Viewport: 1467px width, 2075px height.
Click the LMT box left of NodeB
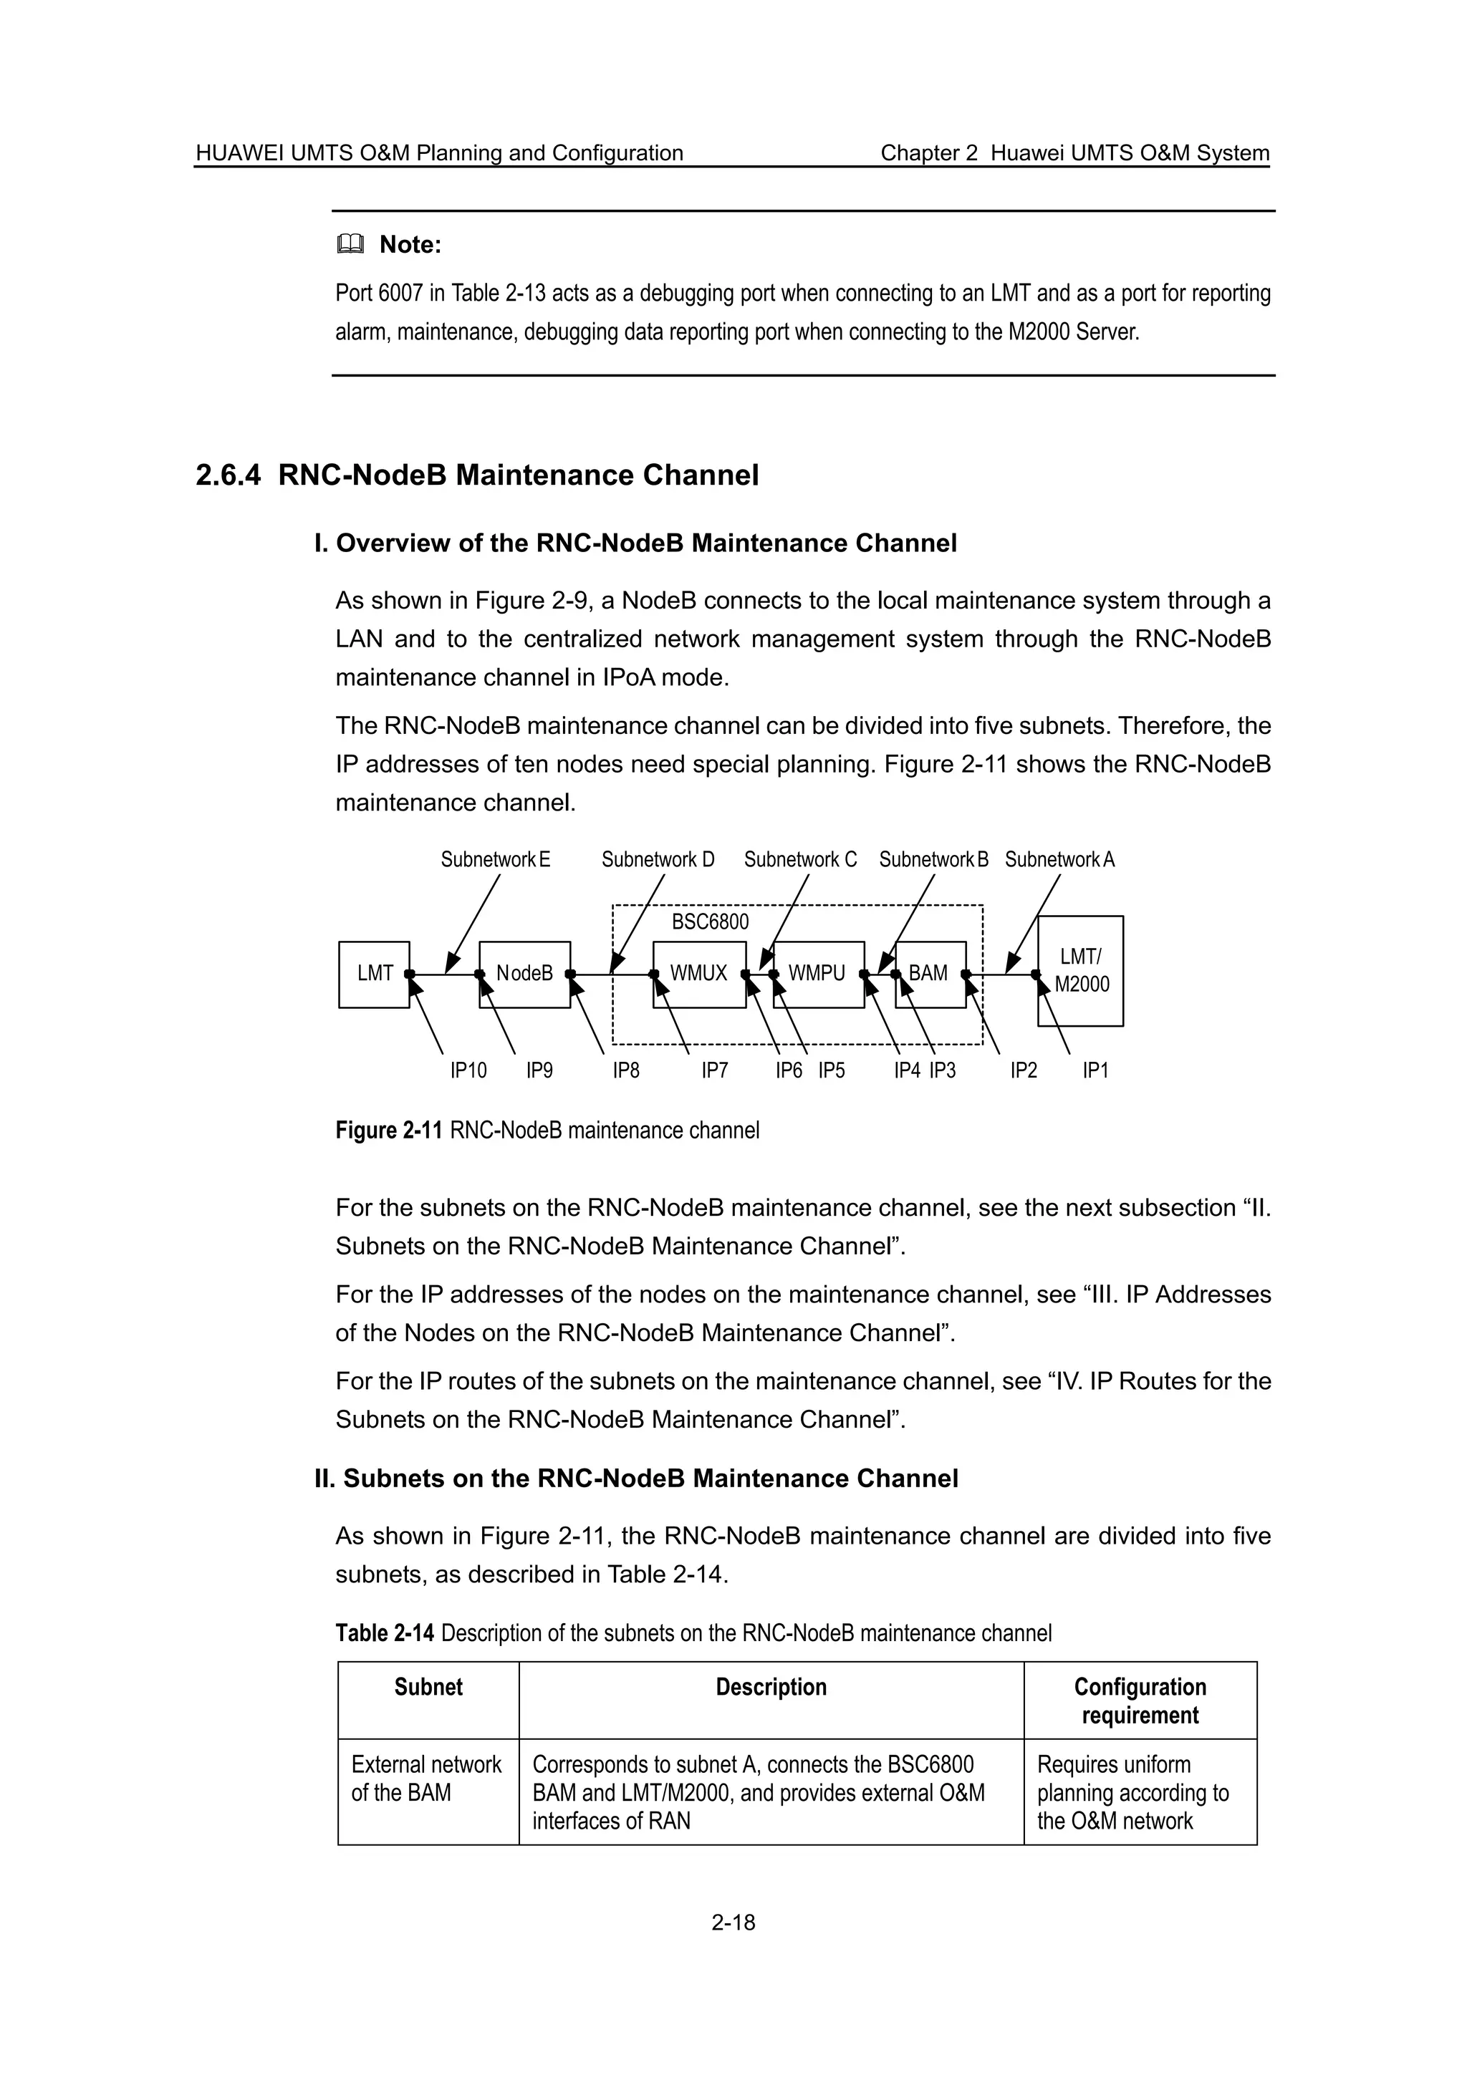(374, 974)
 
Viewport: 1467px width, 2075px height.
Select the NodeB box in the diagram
(524, 974)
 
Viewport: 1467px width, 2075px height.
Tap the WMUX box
(698, 974)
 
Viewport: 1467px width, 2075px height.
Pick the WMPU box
(817, 974)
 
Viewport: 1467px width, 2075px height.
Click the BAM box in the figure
(929, 974)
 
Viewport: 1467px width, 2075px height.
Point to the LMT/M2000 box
(1080, 971)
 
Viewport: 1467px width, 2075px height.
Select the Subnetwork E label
(495, 859)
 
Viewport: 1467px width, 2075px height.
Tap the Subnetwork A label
(1059, 859)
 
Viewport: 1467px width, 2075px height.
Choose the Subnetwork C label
(800, 859)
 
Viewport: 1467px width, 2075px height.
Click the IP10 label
(468, 1071)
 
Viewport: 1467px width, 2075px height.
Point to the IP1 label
(1095, 1071)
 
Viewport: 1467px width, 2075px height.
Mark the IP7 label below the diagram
(715, 1071)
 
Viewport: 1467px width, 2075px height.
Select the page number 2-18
(733, 1922)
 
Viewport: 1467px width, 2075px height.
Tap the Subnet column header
(428, 1688)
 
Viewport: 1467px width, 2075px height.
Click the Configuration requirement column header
(1140, 1701)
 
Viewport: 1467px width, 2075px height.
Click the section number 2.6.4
(228, 475)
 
